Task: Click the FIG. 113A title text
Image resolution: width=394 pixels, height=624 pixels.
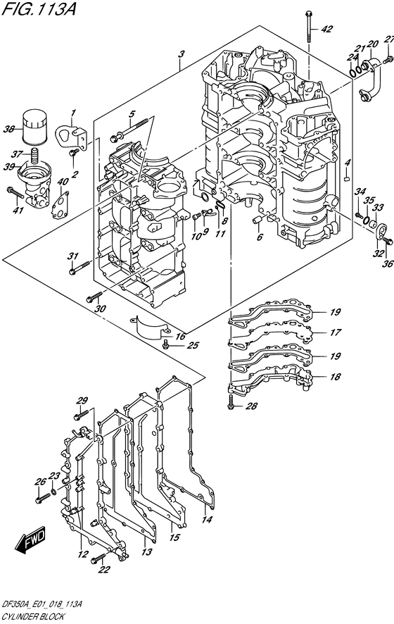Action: (x=38, y=8)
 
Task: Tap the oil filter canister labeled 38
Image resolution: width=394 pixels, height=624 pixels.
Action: (x=34, y=127)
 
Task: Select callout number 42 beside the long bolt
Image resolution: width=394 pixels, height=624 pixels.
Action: (x=327, y=29)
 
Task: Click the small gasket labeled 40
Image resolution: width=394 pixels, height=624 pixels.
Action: (x=60, y=205)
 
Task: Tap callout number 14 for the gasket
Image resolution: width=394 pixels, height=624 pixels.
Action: (x=207, y=519)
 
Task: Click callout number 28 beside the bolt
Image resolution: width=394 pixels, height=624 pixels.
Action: (x=252, y=406)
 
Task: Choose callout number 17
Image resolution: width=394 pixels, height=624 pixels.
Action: (x=335, y=332)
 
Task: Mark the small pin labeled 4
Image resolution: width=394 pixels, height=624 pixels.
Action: (x=348, y=178)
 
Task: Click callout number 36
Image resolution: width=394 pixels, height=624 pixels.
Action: (x=388, y=263)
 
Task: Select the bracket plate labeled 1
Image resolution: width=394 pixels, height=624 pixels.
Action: (x=73, y=137)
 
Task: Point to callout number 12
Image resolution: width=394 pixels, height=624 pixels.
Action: (x=82, y=554)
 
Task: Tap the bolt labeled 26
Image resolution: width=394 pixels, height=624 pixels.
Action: (x=43, y=497)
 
